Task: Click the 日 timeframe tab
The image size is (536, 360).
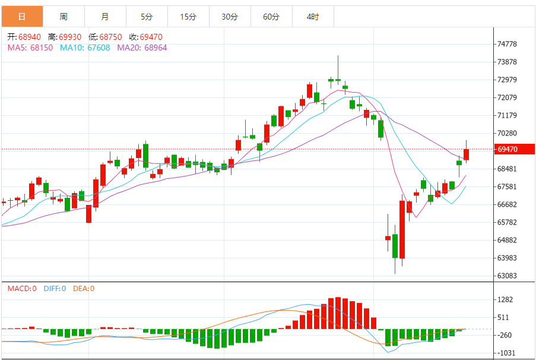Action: [22, 17]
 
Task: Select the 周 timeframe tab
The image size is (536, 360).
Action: [64, 17]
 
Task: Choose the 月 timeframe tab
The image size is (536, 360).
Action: [105, 17]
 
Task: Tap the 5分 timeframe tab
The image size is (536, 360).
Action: [147, 17]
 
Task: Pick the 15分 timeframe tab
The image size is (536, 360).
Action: [188, 17]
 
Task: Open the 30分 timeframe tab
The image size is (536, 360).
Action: [230, 17]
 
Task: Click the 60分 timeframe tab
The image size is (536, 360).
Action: [271, 17]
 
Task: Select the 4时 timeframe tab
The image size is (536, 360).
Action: [313, 17]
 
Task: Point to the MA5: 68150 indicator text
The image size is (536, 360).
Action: [31, 48]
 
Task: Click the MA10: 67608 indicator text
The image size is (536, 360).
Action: [85, 48]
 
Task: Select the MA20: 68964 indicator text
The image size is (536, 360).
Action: [142, 48]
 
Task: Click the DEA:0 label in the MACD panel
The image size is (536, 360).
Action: [84, 289]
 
